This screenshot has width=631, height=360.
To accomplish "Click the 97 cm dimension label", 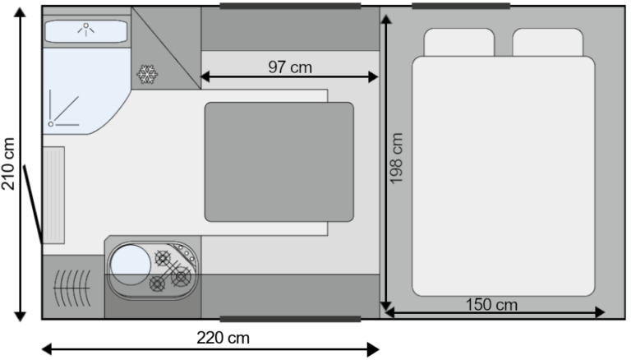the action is [290, 67].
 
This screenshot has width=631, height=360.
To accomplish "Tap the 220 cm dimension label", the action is [223, 338].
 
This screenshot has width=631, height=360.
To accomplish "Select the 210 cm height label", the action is [8, 164].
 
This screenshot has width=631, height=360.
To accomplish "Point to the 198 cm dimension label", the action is [396, 159].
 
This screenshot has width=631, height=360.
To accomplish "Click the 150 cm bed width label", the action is [491, 304].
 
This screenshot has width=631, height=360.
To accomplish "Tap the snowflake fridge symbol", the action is [147, 74].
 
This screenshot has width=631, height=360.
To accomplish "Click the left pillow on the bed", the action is [458, 42].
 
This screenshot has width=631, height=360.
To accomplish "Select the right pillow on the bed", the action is [548, 42].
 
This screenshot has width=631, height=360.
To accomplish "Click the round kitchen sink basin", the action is [131, 265].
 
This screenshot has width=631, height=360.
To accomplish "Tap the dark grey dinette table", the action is [279, 162].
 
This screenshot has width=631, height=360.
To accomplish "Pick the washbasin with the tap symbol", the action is [86, 31].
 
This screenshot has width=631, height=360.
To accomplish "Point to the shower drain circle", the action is [51, 124].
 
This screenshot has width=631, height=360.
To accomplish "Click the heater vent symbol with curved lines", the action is [72, 288].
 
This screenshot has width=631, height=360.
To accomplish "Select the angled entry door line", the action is [33, 204].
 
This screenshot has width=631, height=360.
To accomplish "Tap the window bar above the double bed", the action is [461, 6].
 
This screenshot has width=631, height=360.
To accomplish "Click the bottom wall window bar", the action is [290, 319].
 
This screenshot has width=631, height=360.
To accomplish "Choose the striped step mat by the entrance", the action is [54, 195].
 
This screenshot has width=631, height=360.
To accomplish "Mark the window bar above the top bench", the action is [290, 6].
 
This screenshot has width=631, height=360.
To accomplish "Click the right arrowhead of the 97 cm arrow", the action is [374, 76].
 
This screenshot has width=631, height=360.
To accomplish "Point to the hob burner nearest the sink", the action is [163, 258].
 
